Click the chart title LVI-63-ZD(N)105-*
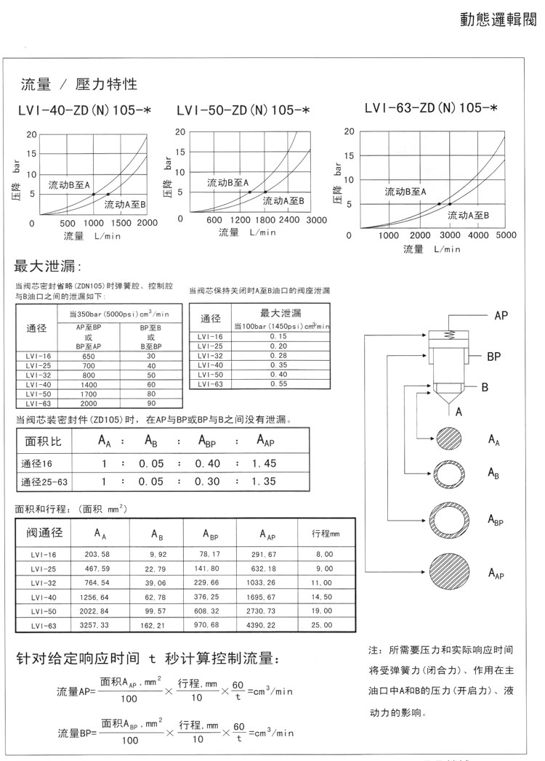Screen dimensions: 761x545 pyautogui.click(x=431, y=108)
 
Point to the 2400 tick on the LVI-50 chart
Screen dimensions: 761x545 pyautogui.click(x=289, y=220)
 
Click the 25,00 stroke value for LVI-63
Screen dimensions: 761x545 pyautogui.click(x=322, y=624)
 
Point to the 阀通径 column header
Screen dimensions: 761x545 pyautogui.click(x=45, y=533)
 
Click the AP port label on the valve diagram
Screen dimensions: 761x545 pyautogui.click(x=501, y=316)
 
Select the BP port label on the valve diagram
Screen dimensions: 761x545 pyautogui.click(x=495, y=357)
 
